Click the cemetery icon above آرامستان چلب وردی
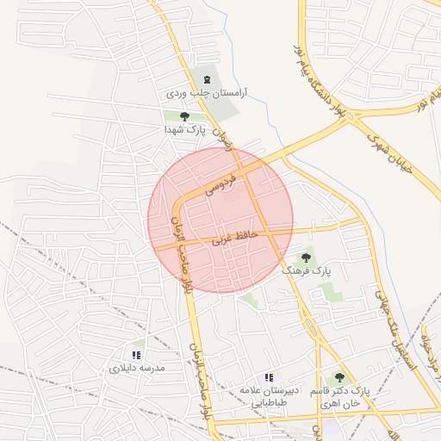point(206,78)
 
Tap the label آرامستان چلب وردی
point(206,91)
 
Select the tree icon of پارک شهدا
point(183,116)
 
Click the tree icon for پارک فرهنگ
point(306,258)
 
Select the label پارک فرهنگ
point(306,270)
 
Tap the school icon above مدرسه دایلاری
point(136,354)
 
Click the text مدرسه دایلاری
point(136,368)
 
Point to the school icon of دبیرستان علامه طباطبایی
point(269,377)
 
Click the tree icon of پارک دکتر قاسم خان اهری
point(339,377)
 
